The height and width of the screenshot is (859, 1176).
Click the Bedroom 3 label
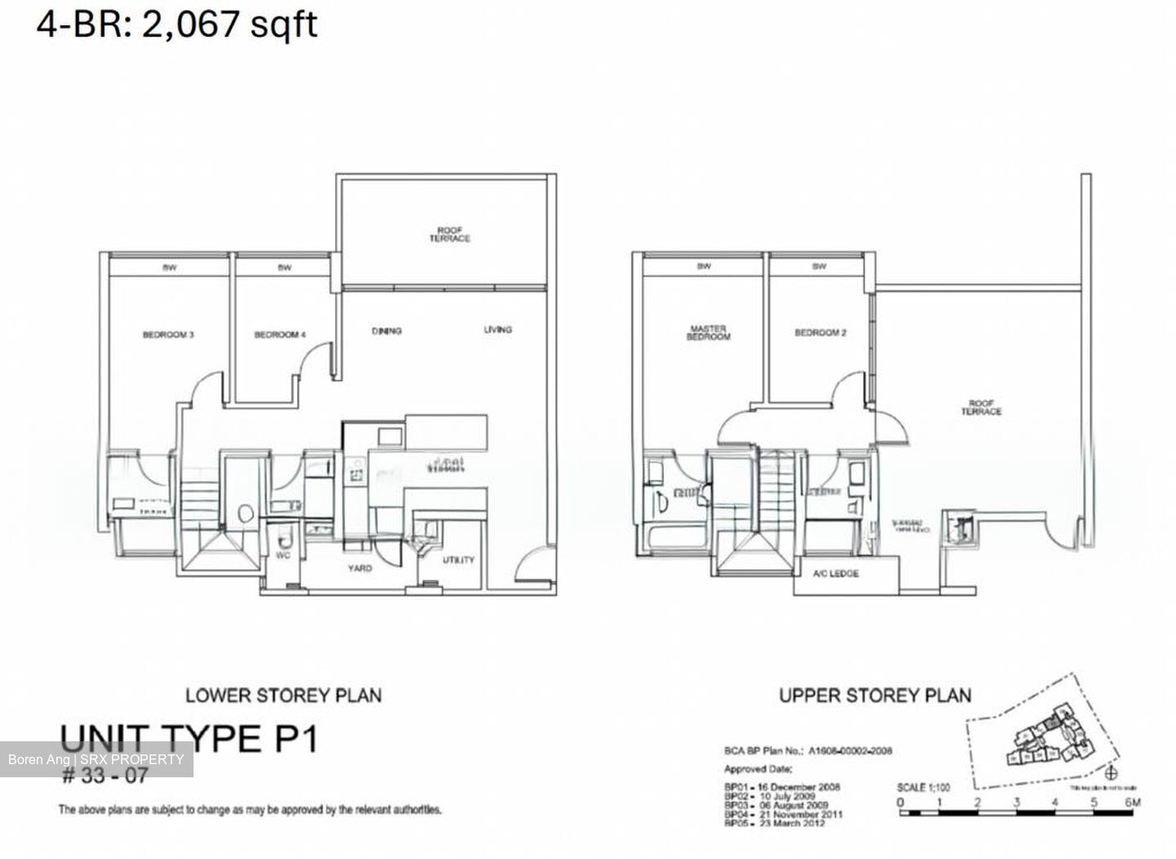(x=168, y=335)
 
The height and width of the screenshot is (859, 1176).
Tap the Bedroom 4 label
(x=280, y=335)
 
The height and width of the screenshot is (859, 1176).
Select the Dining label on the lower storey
(x=386, y=331)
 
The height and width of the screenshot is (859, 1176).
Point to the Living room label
(x=497, y=329)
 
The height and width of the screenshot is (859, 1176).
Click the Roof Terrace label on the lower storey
(x=450, y=235)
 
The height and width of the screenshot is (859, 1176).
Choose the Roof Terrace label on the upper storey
(x=980, y=408)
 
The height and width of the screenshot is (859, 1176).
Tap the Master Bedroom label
(x=708, y=333)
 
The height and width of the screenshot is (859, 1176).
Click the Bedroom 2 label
(x=820, y=333)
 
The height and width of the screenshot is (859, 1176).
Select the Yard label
(x=359, y=568)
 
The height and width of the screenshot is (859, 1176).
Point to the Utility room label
(x=458, y=561)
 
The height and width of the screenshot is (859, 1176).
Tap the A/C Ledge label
(x=835, y=574)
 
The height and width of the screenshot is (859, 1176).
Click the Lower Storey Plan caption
(x=283, y=696)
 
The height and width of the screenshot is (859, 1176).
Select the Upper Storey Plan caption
(x=875, y=696)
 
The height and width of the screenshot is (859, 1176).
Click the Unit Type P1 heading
(x=189, y=739)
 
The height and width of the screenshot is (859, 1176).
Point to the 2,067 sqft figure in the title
(x=229, y=25)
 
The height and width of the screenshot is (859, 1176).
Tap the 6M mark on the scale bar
(x=1131, y=803)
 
